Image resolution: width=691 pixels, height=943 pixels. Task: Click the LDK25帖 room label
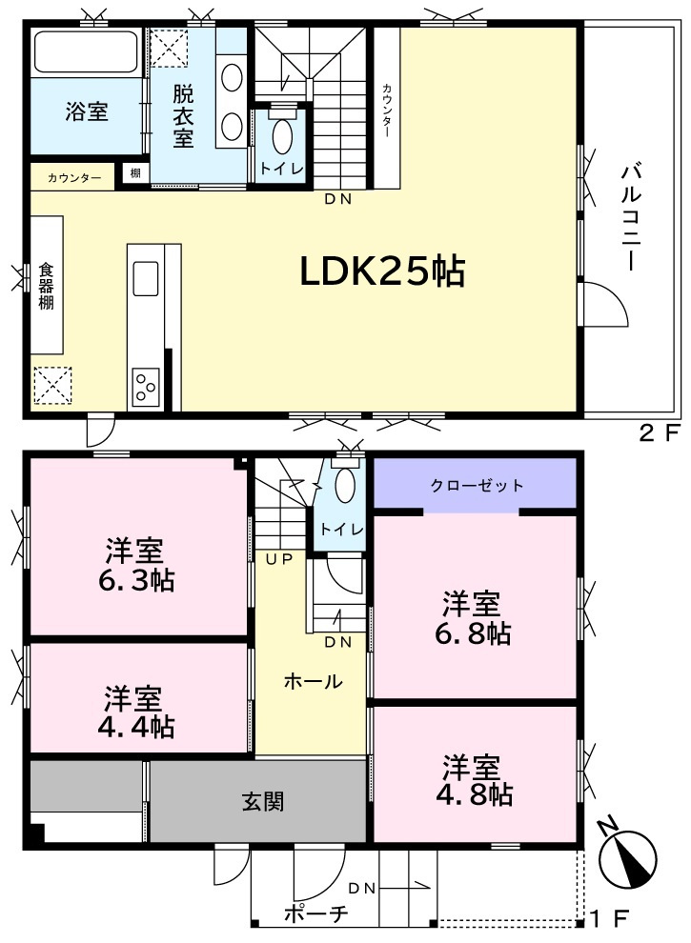(x=382, y=271)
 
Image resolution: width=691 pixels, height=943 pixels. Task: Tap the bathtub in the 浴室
(x=86, y=52)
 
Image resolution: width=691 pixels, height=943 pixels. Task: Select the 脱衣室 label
(x=184, y=116)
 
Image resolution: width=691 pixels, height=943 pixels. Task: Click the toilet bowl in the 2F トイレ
(x=282, y=136)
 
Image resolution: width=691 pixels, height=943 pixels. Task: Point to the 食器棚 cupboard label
(x=47, y=287)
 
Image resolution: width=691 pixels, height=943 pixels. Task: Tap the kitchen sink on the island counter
(x=146, y=278)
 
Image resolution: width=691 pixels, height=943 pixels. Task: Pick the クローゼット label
(x=477, y=486)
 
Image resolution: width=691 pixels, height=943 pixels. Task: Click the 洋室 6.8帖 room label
(x=473, y=618)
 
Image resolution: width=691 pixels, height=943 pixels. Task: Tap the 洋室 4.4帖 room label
(x=136, y=712)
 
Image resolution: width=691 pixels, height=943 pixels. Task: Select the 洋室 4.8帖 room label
(x=475, y=780)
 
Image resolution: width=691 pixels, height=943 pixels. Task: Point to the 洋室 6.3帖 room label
(x=136, y=564)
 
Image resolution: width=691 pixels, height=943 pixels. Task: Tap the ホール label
(x=313, y=681)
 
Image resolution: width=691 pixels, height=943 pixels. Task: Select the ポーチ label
(x=315, y=914)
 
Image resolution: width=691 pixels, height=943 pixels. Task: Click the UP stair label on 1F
(x=279, y=559)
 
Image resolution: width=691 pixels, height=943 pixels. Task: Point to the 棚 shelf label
(x=135, y=173)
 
